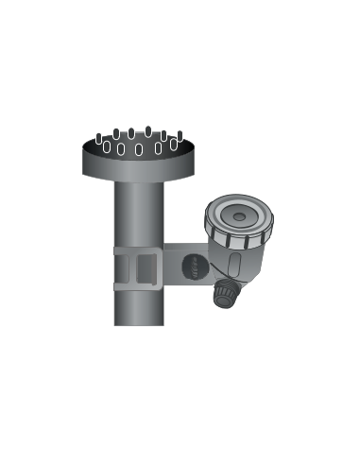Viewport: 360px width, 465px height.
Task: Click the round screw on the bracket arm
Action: [x=193, y=268]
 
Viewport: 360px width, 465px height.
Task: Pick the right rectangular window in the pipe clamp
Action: [x=147, y=268]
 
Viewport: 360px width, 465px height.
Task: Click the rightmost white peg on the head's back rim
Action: [x=180, y=134]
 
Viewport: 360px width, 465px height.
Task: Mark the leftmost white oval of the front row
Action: [x=107, y=147]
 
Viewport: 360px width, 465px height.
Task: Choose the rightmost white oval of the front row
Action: [x=173, y=145]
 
